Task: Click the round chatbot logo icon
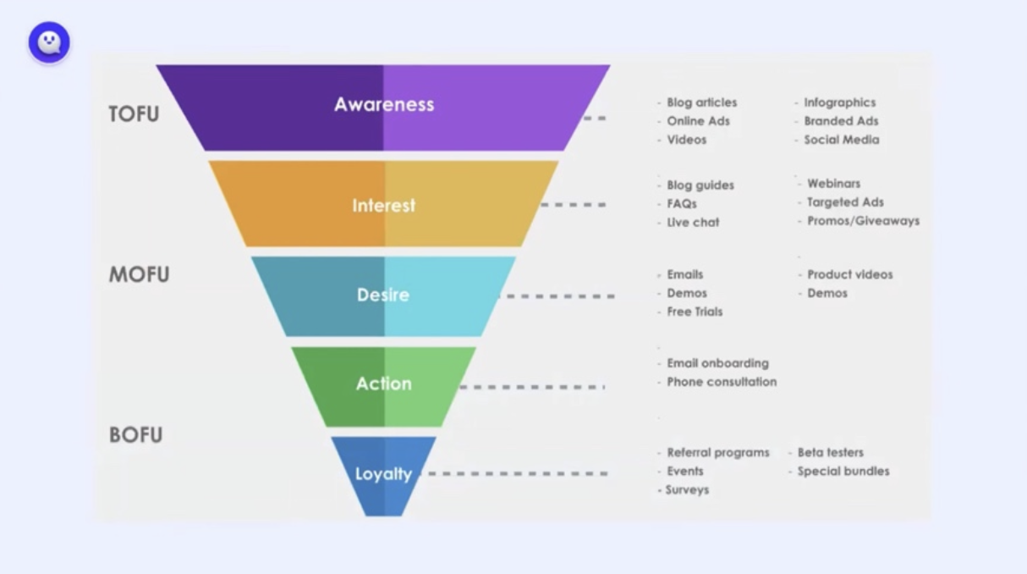(x=49, y=42)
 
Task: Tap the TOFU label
(x=134, y=113)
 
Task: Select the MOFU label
(x=139, y=274)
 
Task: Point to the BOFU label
(x=135, y=434)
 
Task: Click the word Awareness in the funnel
(x=384, y=104)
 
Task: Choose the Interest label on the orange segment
(x=384, y=205)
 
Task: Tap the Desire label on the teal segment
(x=383, y=295)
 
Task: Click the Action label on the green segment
(x=384, y=384)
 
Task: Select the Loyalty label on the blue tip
(x=384, y=474)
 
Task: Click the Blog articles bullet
(x=697, y=102)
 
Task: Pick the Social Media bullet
(x=838, y=140)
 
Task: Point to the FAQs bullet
(x=677, y=204)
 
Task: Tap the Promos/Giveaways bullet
(x=859, y=221)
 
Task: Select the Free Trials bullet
(x=690, y=312)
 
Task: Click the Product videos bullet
(x=845, y=274)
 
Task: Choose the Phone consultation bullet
(x=717, y=382)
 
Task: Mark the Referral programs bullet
(x=713, y=453)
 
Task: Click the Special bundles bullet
(x=839, y=472)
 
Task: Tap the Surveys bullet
(x=684, y=490)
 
